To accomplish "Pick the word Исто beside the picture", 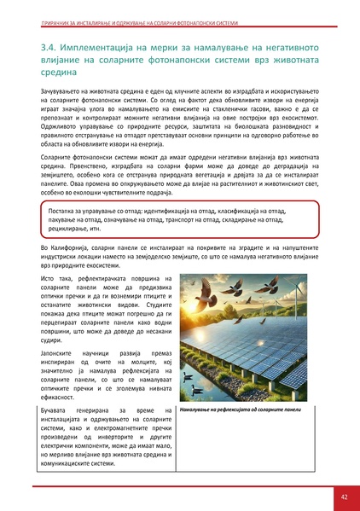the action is pos(49,278).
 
